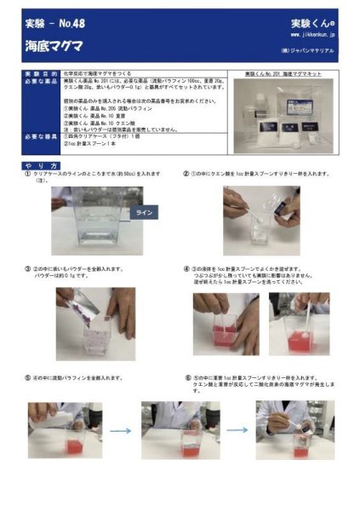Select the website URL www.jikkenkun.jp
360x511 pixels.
click(x=312, y=36)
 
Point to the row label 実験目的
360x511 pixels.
click(x=37, y=75)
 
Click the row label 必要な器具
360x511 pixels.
click(x=37, y=135)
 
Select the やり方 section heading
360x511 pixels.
click(x=42, y=164)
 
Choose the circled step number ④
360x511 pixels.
click(x=186, y=268)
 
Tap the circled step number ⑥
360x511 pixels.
click(x=186, y=376)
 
